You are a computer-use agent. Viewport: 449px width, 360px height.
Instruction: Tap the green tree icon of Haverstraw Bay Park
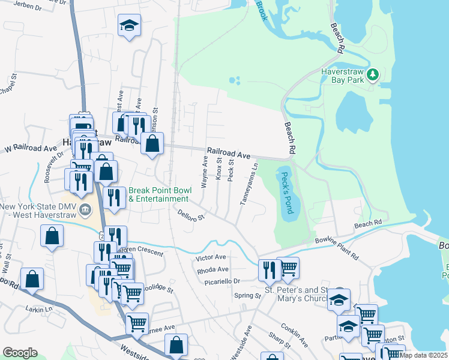[x=374, y=75]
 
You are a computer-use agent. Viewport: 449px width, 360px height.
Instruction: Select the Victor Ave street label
[x=211, y=257]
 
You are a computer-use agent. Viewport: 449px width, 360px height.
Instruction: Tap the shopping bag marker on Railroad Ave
[x=152, y=143]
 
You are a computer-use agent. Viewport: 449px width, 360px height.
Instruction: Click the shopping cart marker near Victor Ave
[x=288, y=268]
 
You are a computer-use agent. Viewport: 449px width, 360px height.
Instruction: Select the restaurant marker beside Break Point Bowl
[x=114, y=196]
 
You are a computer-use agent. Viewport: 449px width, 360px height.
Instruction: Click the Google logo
[x=20, y=352]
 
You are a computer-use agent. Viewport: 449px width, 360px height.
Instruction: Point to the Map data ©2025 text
[x=424, y=355]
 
